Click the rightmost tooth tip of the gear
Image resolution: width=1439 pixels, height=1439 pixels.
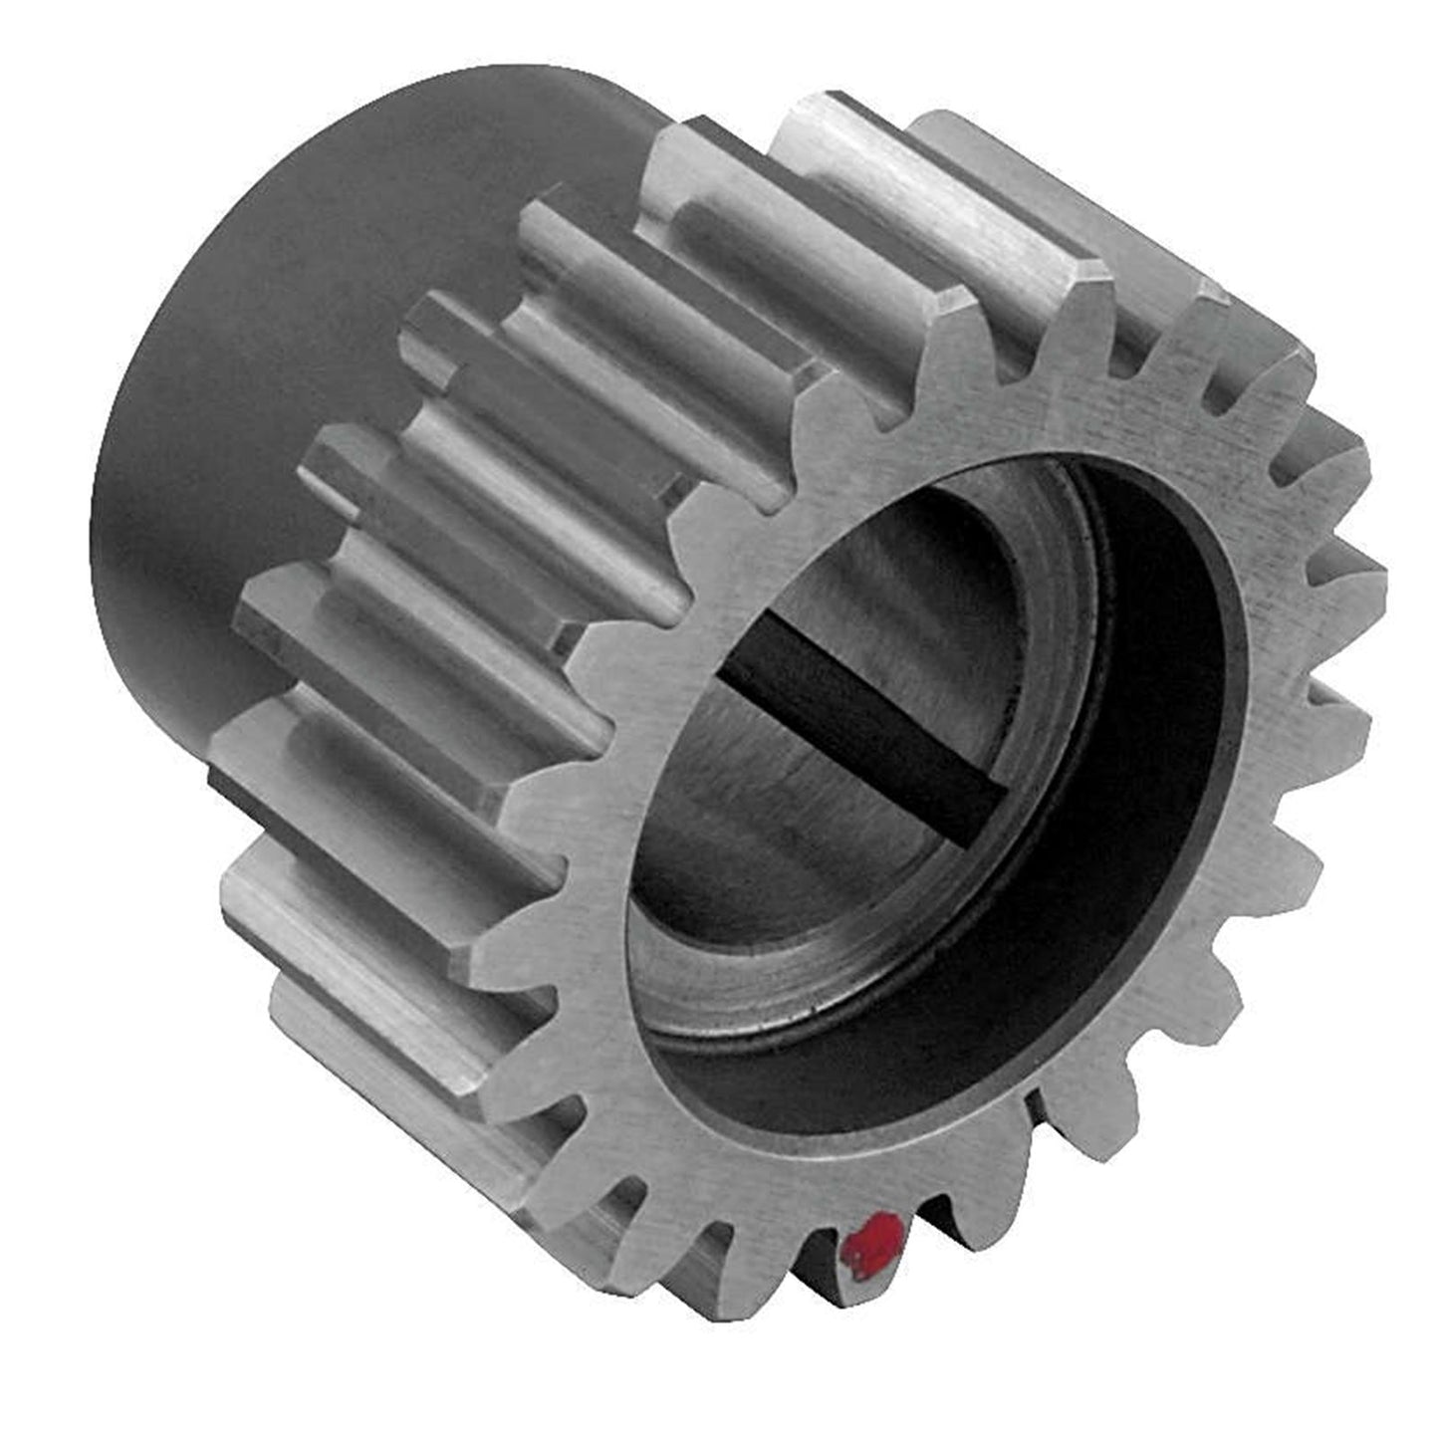1379,578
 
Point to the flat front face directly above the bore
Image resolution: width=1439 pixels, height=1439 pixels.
996,418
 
